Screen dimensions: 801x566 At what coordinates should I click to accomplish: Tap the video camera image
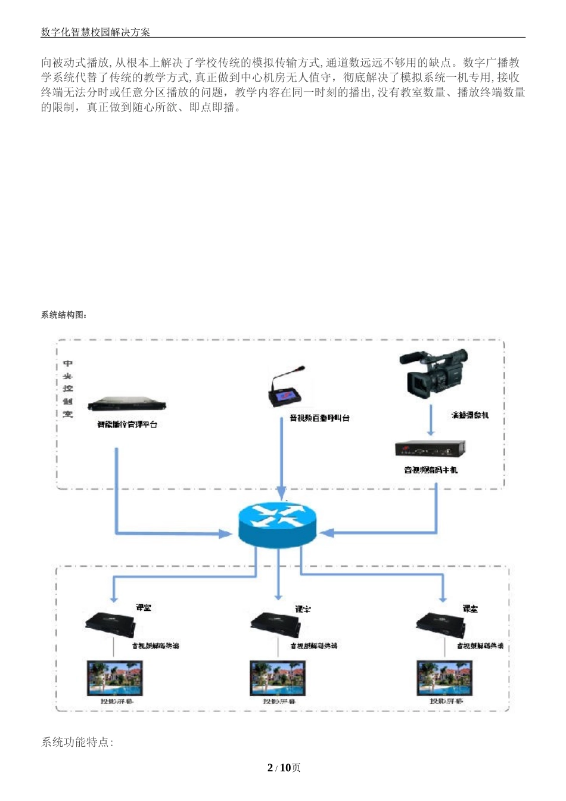tap(433, 374)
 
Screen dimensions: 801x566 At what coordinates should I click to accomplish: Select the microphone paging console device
tap(287, 390)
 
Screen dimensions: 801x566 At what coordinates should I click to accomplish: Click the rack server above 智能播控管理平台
tap(126, 405)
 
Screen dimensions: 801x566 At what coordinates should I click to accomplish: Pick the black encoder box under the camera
tap(430, 449)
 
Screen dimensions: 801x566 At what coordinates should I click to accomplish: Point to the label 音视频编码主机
tap(431, 470)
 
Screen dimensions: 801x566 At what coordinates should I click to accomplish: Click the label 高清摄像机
tap(469, 415)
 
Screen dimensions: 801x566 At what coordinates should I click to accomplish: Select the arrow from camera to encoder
tap(431, 420)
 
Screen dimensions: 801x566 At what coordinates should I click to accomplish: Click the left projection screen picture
tap(115, 678)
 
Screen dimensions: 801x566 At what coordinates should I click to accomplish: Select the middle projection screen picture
tap(278, 678)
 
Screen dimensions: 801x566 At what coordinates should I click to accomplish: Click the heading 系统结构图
tap(64, 315)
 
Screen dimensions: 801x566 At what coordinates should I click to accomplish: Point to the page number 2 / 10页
tap(284, 768)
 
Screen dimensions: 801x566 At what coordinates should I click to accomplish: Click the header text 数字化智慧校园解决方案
tap(95, 32)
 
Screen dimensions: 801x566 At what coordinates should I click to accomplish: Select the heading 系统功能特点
tap(77, 742)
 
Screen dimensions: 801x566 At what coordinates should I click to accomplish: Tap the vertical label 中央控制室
tap(68, 389)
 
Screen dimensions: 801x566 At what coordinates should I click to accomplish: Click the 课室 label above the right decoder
tap(470, 608)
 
